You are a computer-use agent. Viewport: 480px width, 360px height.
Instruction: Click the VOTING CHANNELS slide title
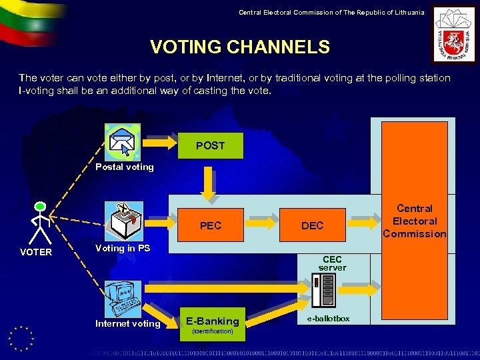[240, 47]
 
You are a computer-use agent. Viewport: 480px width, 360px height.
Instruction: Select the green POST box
[210, 145]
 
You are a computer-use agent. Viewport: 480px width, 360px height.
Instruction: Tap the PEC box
[210, 225]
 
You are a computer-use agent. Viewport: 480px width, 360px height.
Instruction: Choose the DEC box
[312, 225]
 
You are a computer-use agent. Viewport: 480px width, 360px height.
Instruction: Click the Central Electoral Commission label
[414, 221]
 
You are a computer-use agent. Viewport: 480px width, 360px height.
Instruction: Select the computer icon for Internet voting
[121, 299]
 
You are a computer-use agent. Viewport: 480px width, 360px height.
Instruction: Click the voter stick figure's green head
[41, 207]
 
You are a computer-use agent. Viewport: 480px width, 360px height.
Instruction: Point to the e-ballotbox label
[327, 319]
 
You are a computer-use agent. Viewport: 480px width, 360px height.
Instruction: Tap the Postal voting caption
[124, 167]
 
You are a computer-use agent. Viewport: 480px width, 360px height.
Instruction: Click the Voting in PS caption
[123, 248]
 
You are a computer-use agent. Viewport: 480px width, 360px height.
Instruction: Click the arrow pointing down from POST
[210, 184]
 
